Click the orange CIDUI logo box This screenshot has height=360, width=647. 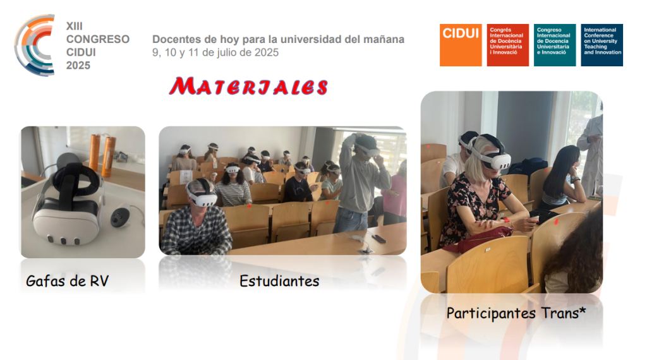coord(461,45)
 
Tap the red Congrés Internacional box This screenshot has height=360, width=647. coord(507,45)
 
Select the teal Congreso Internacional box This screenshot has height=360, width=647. coord(555,45)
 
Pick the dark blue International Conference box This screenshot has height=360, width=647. coord(602,45)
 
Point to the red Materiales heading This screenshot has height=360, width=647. coord(249,87)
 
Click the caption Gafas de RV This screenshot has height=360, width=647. coord(67,281)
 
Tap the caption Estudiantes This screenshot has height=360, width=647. coord(279,281)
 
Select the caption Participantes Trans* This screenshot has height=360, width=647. coord(516,313)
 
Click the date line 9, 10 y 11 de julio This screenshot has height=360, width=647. coord(215,53)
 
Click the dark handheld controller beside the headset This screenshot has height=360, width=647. coord(121,215)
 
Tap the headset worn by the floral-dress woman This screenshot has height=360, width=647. coord(490,153)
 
